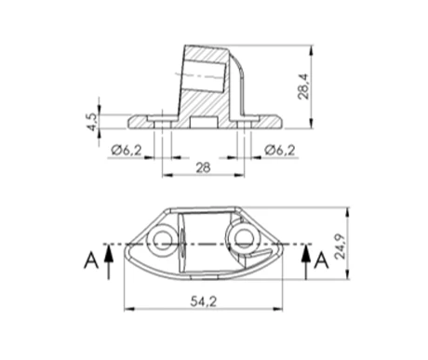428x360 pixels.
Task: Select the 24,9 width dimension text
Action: pos(354,244)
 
